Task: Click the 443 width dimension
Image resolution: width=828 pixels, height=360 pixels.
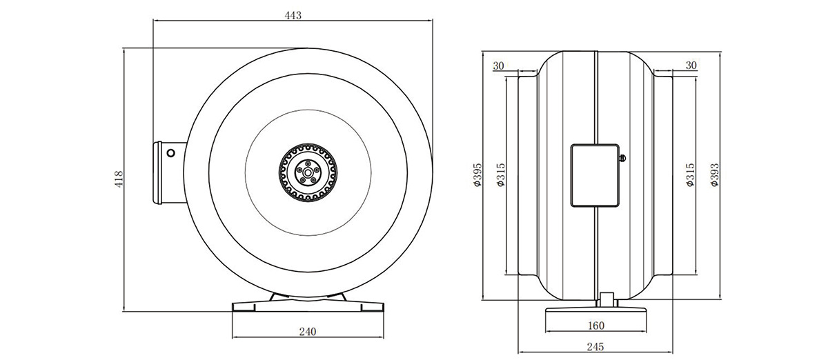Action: (293, 15)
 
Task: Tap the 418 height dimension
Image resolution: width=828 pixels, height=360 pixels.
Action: (119, 179)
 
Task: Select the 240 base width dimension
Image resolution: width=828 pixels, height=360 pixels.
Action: (308, 332)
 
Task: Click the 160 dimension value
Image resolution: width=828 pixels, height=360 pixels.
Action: (596, 326)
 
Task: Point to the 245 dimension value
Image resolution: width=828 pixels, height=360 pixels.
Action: (595, 347)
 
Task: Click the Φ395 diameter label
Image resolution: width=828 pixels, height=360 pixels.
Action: (477, 174)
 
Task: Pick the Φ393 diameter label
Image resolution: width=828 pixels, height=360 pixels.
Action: (715, 174)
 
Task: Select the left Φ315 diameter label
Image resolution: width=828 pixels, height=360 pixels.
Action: (500, 174)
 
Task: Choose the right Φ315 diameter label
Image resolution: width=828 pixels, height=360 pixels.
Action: (690, 174)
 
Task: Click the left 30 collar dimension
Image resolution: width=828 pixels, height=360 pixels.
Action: (498, 66)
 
